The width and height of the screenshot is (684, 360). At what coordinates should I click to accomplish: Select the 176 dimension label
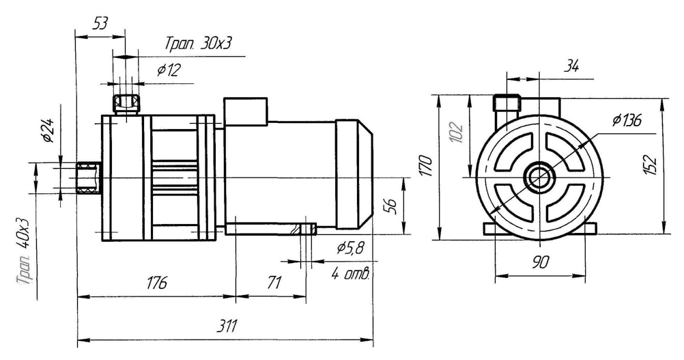(x=156, y=283)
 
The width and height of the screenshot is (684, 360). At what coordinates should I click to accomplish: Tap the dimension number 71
(x=274, y=283)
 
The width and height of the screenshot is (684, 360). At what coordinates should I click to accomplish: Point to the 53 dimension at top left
(x=100, y=24)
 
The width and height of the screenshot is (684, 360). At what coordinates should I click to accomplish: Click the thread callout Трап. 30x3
(x=198, y=44)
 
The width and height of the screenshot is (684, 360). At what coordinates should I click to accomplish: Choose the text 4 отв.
(x=350, y=275)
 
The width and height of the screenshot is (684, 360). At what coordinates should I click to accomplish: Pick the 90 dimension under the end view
(x=539, y=262)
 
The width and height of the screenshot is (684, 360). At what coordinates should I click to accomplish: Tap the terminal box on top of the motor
(x=247, y=111)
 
